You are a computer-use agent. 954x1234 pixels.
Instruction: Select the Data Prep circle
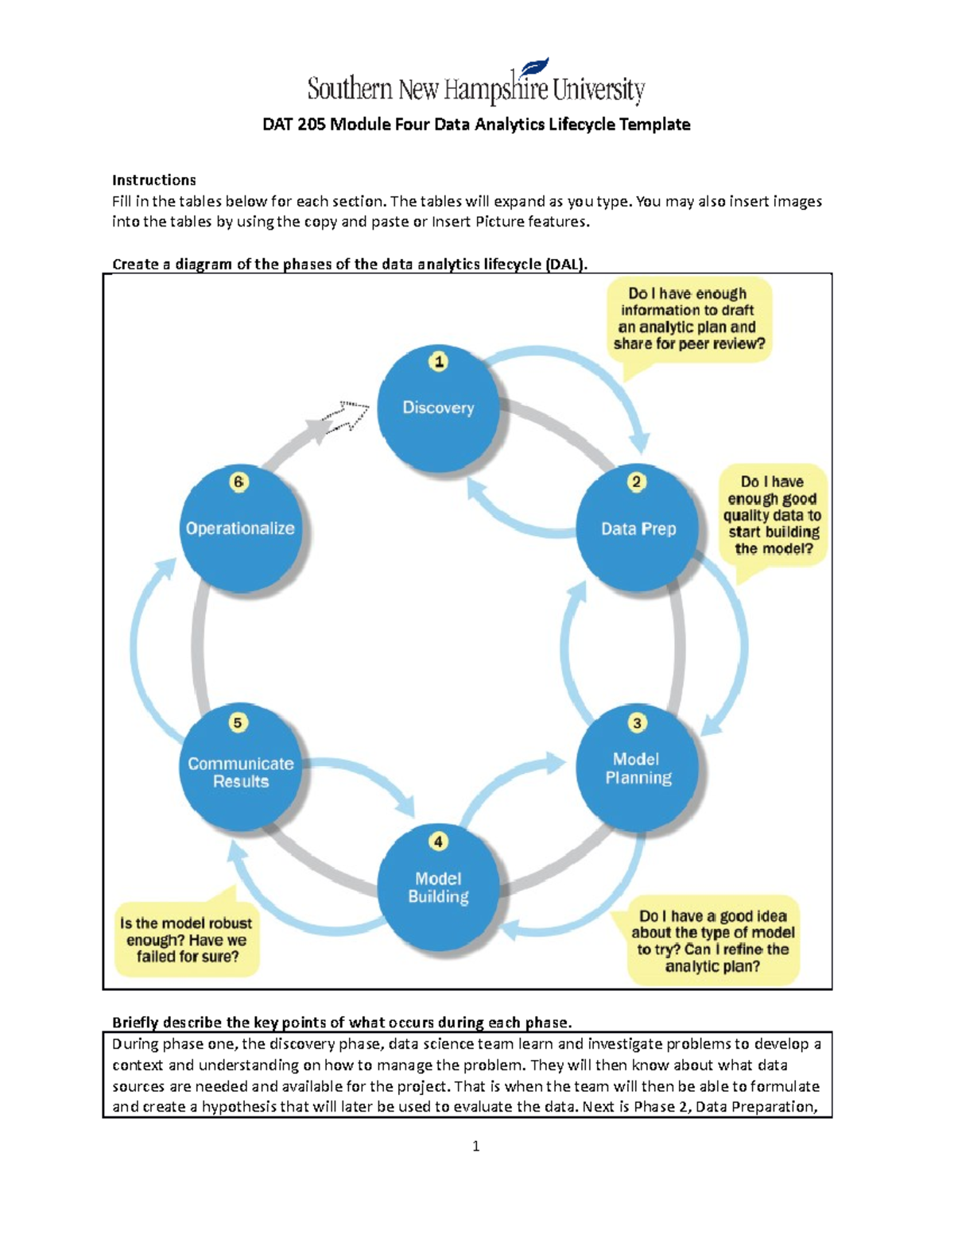638,528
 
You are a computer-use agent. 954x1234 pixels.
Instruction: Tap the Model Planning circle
638,768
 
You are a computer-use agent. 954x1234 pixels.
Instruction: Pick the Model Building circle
438,887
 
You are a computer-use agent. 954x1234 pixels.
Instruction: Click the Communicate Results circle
240,768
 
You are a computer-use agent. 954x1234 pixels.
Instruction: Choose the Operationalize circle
240,528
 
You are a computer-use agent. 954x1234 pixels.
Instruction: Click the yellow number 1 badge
438,362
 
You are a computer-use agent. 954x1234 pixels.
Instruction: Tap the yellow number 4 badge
438,841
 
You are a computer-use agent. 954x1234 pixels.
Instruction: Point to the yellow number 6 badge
238,482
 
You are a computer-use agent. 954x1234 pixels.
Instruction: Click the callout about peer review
688,319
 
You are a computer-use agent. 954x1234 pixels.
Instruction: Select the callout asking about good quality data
772,515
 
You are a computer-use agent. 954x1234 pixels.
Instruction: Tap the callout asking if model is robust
186,940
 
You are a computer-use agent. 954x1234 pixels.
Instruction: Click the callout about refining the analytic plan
713,941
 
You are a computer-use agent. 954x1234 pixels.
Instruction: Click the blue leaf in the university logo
534,69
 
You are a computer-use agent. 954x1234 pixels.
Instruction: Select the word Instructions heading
153,180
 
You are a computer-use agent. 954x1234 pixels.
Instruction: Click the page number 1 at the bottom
475,1146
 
